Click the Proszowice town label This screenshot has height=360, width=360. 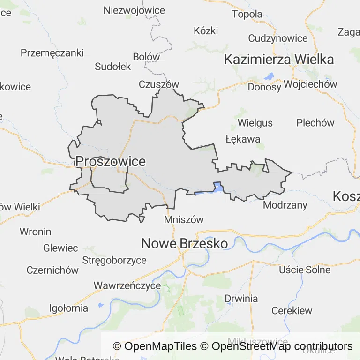click(x=111, y=162)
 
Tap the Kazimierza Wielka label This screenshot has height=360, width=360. click(x=279, y=60)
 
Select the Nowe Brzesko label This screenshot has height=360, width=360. click(x=185, y=244)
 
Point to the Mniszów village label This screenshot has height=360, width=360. click(x=184, y=219)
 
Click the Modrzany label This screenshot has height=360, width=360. click(x=285, y=205)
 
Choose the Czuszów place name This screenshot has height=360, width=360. click(x=159, y=84)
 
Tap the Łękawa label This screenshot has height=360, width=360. click(x=242, y=139)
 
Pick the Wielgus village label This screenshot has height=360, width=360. click(x=255, y=123)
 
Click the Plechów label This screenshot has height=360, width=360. click(x=315, y=123)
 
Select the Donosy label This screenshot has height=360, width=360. click(x=264, y=87)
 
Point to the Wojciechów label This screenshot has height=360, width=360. click(x=310, y=85)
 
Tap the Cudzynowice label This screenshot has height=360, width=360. click(x=278, y=38)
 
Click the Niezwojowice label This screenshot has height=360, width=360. click(x=134, y=10)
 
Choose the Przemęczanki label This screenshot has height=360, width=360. click(x=52, y=52)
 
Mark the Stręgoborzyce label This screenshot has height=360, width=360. click(x=114, y=260)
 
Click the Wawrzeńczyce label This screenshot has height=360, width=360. click(x=127, y=285)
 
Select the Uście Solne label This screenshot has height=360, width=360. click(x=305, y=270)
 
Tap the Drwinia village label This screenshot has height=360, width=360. click(x=241, y=299)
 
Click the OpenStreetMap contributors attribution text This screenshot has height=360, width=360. click(x=282, y=346)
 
